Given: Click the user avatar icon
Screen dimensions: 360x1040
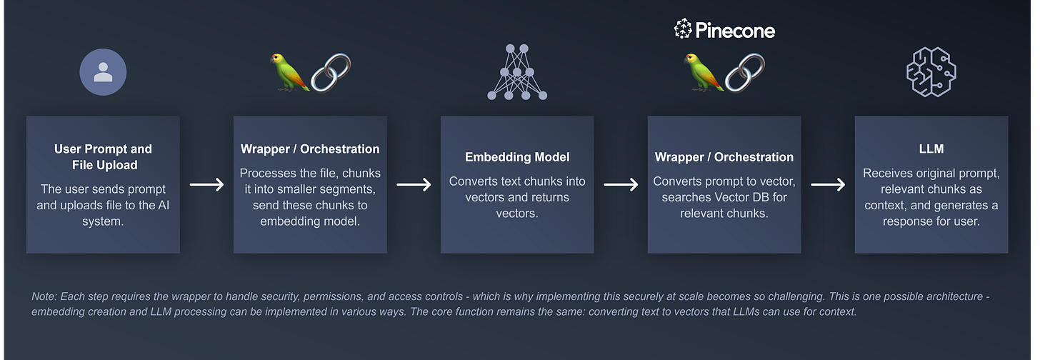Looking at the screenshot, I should pos(103,72).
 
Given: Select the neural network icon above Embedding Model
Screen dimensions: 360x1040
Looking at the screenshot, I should pos(517,71).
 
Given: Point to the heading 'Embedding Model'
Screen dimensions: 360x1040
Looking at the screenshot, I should pos(516,157).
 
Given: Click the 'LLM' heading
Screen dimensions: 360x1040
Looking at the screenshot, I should pos(931,149).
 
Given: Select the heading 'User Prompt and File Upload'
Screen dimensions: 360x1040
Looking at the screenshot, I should pos(103,157).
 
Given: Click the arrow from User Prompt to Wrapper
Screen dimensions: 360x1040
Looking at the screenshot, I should pos(206,184).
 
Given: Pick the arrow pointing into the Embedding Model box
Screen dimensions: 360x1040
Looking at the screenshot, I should pos(414,184).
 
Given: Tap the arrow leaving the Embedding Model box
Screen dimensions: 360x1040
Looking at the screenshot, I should pos(621,184).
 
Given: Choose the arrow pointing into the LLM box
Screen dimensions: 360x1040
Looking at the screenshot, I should pos(828,184).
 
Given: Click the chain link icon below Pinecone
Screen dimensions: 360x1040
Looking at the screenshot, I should pos(745,72).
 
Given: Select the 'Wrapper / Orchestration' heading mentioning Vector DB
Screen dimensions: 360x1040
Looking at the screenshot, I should pos(724,157).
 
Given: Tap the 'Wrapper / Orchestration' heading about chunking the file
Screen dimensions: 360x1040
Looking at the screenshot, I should pos(310,149).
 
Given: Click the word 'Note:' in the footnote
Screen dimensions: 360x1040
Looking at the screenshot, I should pos(44,296).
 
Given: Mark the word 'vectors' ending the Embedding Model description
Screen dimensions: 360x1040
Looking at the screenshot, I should pos(516,213).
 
